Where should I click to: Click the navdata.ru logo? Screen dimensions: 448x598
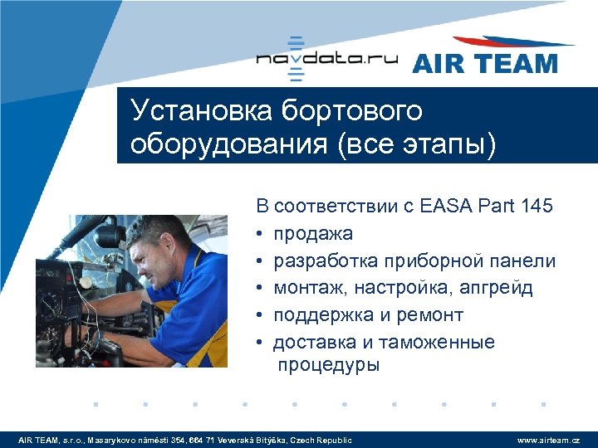coord(326,59)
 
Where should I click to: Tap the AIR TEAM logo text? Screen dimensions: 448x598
coord(484,63)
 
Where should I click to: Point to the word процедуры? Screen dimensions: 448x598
coord(329,365)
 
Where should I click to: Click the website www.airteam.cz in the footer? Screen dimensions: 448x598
coord(548,440)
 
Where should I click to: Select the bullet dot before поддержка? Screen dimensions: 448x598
coord(261,316)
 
